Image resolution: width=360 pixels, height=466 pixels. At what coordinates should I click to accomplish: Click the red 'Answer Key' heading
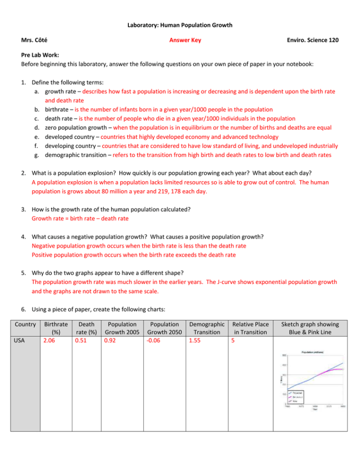185,40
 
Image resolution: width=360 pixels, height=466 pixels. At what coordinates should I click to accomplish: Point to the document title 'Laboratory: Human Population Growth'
180,25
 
